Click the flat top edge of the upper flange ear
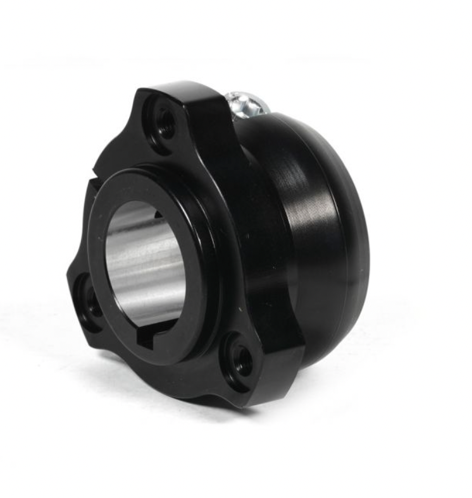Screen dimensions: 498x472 pyautogui.click(x=183, y=88)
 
